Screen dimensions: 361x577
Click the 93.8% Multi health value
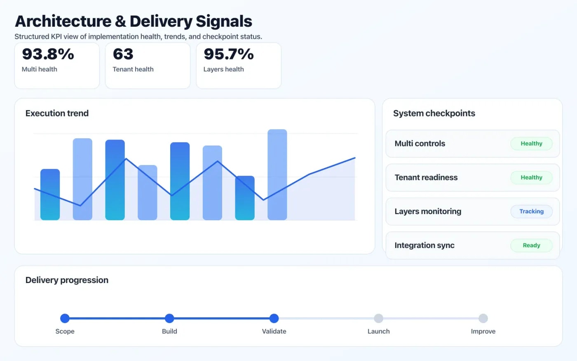(x=48, y=54)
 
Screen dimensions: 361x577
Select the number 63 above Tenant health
(x=123, y=54)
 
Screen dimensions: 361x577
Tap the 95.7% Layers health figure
(x=229, y=54)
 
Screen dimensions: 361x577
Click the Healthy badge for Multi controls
(x=531, y=144)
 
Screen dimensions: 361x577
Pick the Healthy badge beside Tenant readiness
(x=531, y=177)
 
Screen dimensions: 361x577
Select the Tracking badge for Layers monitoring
(x=531, y=211)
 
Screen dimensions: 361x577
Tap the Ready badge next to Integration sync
(x=531, y=245)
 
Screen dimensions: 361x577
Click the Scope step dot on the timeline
(x=65, y=318)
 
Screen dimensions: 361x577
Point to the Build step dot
(x=169, y=318)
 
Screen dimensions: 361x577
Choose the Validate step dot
(x=274, y=318)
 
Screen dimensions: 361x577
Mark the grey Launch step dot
(x=378, y=318)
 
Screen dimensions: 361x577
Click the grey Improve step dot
(x=483, y=318)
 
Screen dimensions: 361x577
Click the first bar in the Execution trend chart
(x=50, y=194)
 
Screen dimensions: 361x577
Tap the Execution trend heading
(x=57, y=113)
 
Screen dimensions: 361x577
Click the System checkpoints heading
(x=434, y=113)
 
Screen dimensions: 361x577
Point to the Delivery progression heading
(x=67, y=280)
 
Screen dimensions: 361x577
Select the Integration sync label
(x=425, y=245)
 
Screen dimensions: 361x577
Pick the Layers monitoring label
(x=428, y=211)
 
